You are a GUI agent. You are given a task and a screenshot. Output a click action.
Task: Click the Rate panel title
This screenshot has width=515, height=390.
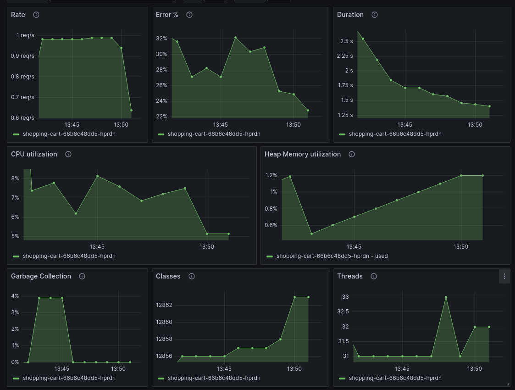18,15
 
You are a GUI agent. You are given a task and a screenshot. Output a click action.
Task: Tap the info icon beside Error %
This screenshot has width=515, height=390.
189,15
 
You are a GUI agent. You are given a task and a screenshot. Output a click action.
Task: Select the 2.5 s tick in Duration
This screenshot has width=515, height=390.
347,41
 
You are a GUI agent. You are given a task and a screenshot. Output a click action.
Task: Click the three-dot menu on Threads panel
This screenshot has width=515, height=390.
504,276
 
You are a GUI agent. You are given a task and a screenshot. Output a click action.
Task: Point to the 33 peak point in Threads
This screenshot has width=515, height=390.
446,297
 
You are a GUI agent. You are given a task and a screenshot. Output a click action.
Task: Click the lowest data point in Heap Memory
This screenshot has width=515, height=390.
311,234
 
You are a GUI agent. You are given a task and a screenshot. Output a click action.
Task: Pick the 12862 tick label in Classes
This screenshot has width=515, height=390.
164,305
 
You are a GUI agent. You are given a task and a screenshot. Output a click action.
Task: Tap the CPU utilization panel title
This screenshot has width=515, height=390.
34,154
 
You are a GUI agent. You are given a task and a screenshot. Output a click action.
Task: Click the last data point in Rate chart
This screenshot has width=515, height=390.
131,110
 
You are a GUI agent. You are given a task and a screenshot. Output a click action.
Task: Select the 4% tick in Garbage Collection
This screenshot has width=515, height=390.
15,296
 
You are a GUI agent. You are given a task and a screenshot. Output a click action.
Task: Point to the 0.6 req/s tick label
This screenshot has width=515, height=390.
22,118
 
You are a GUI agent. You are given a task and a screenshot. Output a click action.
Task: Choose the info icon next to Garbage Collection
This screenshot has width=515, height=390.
82,276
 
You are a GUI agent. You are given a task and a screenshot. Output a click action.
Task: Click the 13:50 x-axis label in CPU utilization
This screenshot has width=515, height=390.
207,247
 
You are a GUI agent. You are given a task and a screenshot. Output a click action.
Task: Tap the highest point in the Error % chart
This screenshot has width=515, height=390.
235,38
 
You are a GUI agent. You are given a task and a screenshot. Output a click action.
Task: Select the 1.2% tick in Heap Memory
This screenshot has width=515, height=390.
271,175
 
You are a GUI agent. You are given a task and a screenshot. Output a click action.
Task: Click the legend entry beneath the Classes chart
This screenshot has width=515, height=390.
214,378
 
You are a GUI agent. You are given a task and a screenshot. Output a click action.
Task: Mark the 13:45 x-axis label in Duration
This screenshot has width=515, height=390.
404,125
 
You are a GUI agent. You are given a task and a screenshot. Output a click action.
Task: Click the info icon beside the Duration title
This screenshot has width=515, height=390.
375,15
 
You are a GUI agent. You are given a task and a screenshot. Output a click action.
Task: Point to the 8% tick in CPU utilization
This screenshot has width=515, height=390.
15,178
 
